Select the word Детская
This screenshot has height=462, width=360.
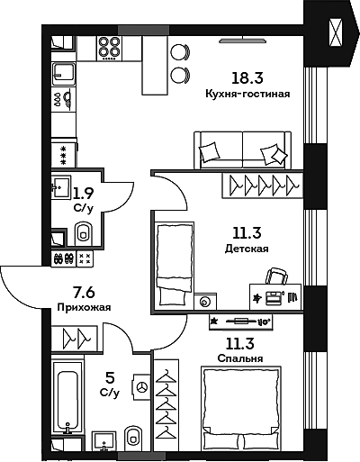[247, 249]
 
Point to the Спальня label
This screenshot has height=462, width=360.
[240, 358]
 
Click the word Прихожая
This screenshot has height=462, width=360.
[77, 307]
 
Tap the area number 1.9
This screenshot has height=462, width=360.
[84, 192]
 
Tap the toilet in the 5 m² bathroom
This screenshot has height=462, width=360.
[133, 437]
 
